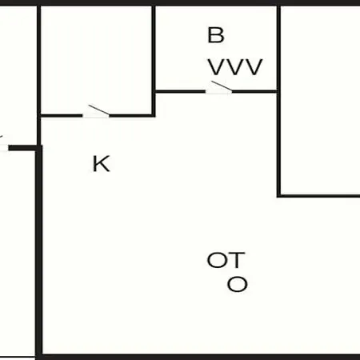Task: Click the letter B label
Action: pos(216,35)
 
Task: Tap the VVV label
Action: pos(235,67)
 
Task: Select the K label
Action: pos(101,164)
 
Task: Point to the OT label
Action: pos(226,260)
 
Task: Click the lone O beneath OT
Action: pos(238,284)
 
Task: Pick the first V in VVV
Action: pos(217,67)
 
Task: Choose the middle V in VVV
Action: pos(235,67)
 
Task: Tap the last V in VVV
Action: pos(254,67)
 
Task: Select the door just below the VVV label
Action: pos(218,88)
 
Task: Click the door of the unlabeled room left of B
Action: pos(96,112)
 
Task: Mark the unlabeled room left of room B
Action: pos(96,60)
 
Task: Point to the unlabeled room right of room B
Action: pos(320,100)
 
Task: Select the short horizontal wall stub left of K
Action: pos(24,148)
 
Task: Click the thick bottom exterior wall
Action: pos(198,357)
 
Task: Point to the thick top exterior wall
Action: pos(180,2)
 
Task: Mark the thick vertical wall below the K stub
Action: pos(39,252)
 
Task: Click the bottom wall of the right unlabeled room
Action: pos(318,196)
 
